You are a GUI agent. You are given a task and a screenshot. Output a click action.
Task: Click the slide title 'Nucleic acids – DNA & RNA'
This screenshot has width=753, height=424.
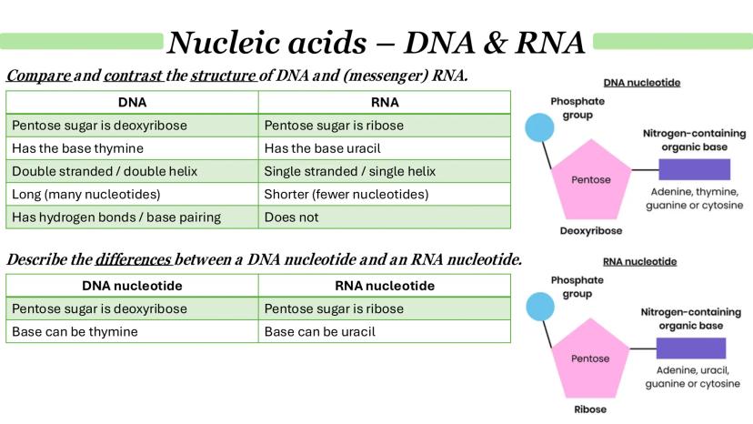pyautogui.click(x=376, y=41)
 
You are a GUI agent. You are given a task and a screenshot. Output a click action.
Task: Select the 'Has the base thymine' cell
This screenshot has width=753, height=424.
pyautogui.click(x=132, y=148)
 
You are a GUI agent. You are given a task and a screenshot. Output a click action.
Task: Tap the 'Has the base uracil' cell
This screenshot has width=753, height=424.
pyautogui.click(x=385, y=148)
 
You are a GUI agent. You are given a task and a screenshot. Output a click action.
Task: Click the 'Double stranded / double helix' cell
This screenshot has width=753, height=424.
pyautogui.click(x=132, y=171)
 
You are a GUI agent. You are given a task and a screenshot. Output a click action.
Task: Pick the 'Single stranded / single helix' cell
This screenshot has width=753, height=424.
pyautogui.click(x=385, y=171)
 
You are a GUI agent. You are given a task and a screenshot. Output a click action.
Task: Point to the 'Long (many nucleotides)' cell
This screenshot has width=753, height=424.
pyautogui.click(x=132, y=194)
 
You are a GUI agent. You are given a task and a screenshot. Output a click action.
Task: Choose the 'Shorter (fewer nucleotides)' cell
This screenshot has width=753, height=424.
pyautogui.click(x=385, y=194)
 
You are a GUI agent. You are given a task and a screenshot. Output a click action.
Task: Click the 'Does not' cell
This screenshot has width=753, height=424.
pyautogui.click(x=385, y=217)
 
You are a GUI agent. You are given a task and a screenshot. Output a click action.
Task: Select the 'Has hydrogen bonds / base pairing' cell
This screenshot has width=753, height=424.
pyautogui.click(x=132, y=217)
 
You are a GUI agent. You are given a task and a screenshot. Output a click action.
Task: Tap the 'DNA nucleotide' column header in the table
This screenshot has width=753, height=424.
pyautogui.click(x=132, y=286)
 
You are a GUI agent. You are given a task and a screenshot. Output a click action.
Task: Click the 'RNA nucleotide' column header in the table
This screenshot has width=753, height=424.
pyautogui.click(x=385, y=286)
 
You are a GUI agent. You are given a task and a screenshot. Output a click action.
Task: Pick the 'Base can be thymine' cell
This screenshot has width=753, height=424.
pyautogui.click(x=132, y=332)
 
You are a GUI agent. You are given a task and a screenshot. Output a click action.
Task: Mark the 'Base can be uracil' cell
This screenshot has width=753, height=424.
pyautogui.click(x=385, y=332)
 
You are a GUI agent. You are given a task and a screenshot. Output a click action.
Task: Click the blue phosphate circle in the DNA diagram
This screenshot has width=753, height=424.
pyautogui.click(x=539, y=127)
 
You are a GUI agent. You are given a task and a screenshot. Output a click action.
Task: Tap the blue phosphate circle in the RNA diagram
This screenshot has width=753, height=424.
pyautogui.click(x=539, y=307)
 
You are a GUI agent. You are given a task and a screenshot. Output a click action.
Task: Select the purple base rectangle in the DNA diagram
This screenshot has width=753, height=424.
pyautogui.click(x=694, y=169)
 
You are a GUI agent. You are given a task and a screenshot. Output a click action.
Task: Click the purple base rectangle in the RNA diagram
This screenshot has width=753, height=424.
pyautogui.click(x=690, y=348)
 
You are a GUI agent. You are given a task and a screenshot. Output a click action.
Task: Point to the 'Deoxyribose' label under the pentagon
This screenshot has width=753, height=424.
pyautogui.click(x=590, y=231)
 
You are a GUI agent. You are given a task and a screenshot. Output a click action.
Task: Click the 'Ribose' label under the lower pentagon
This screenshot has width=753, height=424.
pyautogui.click(x=590, y=409)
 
